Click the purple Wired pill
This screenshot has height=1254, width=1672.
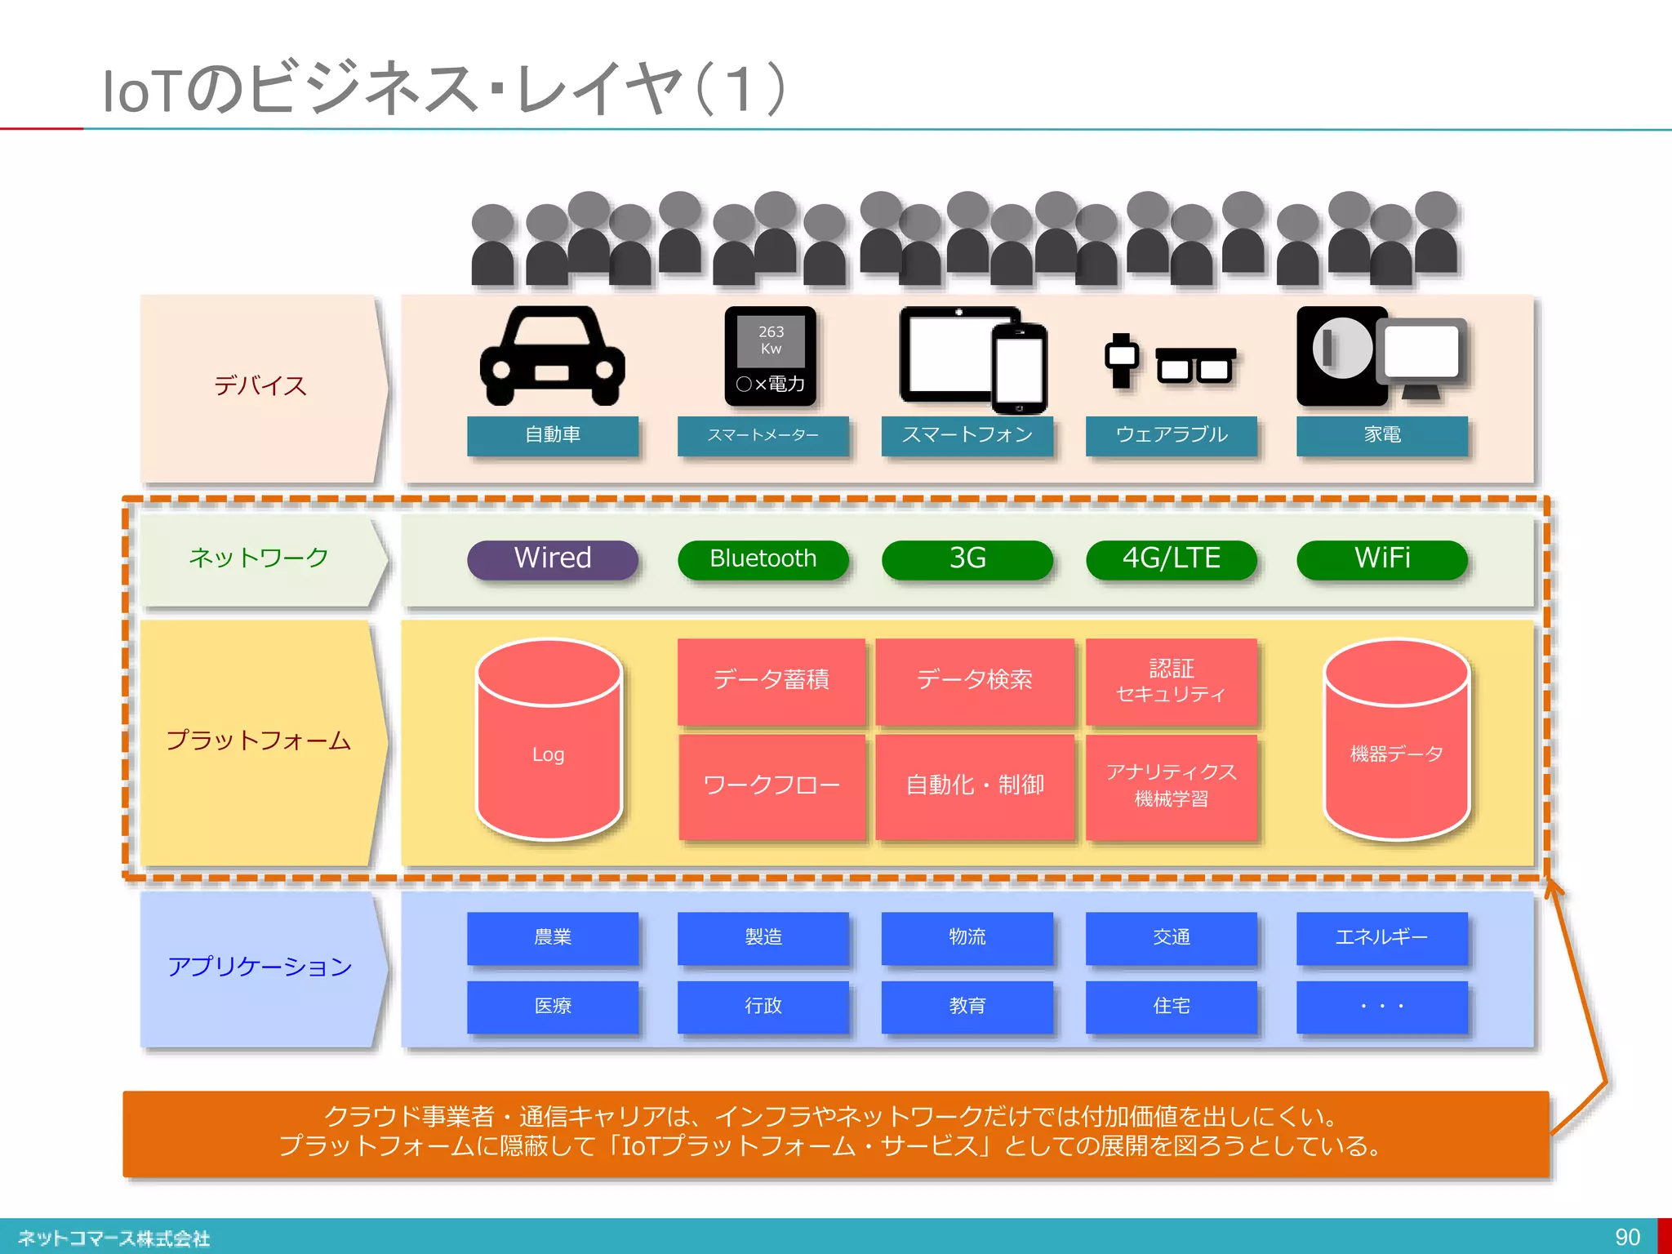coord(553,559)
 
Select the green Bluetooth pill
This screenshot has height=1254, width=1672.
coord(763,559)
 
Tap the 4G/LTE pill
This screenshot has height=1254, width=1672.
coord(1171,559)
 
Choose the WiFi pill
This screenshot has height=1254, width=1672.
coord(1381,559)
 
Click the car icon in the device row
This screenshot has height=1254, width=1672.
coord(553,357)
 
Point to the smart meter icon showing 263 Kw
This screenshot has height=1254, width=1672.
coord(770,357)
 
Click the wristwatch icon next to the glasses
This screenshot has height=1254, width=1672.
coord(1122,359)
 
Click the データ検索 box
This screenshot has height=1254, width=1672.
coord(974,680)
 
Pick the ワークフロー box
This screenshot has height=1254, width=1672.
coord(771,785)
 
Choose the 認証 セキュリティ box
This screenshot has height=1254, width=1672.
coord(1171,680)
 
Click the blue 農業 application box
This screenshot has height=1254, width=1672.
coord(553,937)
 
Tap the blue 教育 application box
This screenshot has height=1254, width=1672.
coord(967,1006)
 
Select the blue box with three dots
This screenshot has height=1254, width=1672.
coord(1381,1006)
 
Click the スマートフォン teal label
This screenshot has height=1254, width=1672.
coord(967,435)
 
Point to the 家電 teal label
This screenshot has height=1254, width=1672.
coord(1381,435)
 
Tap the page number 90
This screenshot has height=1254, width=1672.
coord(1627,1237)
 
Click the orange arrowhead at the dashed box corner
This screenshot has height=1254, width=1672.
coord(1553,889)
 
